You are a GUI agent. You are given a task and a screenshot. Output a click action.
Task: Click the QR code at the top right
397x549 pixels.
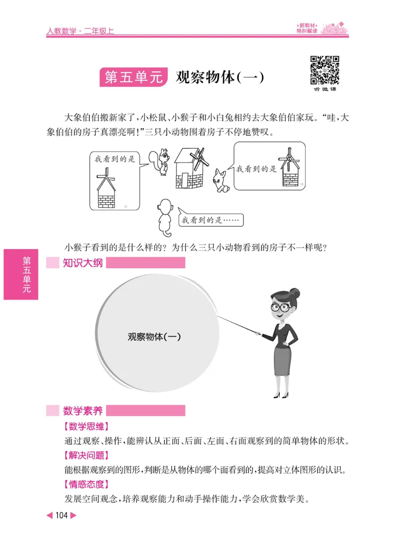coord(325,70)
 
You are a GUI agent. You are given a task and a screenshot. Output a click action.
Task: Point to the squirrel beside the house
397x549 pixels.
coord(162,162)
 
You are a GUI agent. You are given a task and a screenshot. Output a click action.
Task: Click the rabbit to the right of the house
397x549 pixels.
coord(220,181)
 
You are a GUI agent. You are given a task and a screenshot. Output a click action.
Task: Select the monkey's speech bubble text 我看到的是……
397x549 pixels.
coord(211,220)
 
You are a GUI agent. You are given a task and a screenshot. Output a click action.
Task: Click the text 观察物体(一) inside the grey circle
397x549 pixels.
coord(154,336)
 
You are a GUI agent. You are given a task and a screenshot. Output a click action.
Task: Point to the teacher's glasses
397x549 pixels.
coord(281,307)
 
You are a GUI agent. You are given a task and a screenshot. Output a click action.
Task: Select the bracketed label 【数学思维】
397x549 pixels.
coord(86,426)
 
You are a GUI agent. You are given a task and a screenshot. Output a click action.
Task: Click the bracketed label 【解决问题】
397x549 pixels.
coord(86,455)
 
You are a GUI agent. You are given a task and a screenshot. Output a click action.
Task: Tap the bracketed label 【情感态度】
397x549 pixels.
coord(86,485)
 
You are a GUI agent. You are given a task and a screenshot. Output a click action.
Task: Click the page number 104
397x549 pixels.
coord(62,516)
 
